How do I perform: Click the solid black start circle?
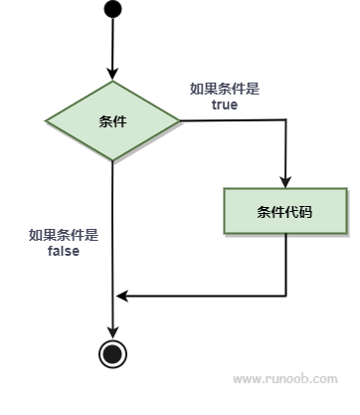point(113,10)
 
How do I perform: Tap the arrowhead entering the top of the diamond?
point(113,75)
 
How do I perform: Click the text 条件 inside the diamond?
point(113,121)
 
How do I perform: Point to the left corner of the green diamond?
point(46,121)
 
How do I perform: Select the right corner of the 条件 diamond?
point(181,121)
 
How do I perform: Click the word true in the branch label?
point(225,104)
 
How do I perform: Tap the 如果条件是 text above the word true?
point(225,89)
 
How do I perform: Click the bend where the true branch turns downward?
point(286,121)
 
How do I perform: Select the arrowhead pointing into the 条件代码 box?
point(286,181)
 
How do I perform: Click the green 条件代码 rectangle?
point(286,210)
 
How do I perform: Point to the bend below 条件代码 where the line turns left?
point(286,295)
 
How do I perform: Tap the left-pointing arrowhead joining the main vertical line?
point(120,295)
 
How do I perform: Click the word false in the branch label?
point(64,251)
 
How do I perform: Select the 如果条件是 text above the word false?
point(64,236)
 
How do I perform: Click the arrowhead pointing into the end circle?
point(113,334)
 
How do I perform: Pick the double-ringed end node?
point(113,352)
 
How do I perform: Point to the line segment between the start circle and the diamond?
point(113,45)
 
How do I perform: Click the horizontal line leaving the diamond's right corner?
point(234,121)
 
